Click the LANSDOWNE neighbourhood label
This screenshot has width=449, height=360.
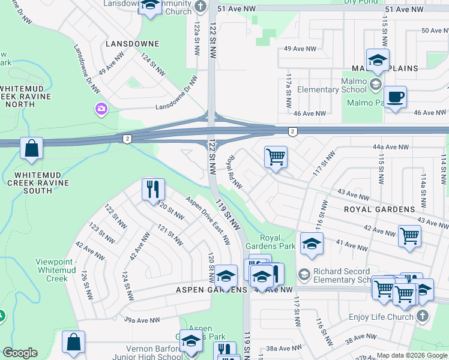coord(132,44)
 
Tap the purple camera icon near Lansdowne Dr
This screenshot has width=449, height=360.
coord(101,109)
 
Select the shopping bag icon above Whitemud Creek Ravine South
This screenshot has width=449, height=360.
coord(31,148)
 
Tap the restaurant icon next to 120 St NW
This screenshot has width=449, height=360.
coord(153,189)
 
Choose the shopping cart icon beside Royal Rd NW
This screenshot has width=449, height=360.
coord(276,157)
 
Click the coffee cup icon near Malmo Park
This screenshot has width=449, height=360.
coord(395,97)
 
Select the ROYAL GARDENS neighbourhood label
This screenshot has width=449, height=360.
coord(379,209)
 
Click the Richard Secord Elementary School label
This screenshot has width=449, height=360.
coord(342,275)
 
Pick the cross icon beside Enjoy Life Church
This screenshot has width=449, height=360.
coord(423,316)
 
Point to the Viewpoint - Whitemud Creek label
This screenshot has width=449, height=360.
coord(59,270)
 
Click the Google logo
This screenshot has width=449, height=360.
coord(20,353)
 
